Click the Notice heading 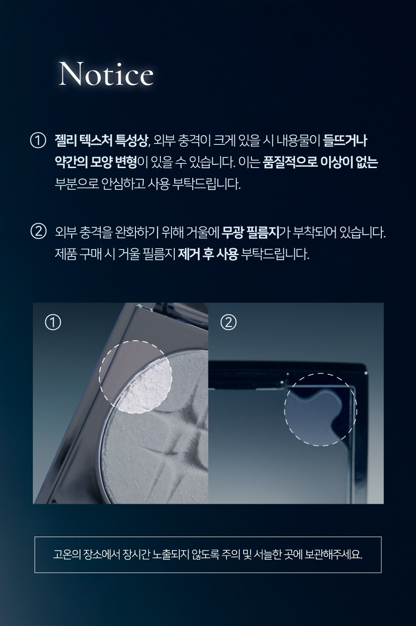click(106, 74)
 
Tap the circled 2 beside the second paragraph click(37, 232)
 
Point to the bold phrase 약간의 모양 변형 click(96, 163)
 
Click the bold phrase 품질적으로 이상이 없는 click(320, 163)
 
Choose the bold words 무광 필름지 click(250, 232)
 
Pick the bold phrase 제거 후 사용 click(208, 254)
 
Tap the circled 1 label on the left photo click(53, 323)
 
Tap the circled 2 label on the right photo click(228, 323)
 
